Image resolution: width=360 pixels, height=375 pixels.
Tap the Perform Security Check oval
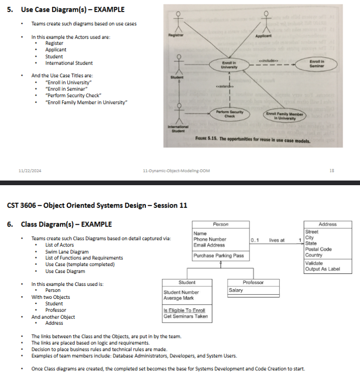pyautogui.click(x=230, y=114)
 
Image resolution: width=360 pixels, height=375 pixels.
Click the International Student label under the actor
pyautogui.click(x=176, y=129)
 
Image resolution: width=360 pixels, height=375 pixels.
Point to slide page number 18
pyautogui.click(x=331, y=170)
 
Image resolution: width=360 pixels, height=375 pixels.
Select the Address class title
pyautogui.click(x=327, y=224)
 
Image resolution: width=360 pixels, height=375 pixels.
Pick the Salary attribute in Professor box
pyautogui.click(x=236, y=290)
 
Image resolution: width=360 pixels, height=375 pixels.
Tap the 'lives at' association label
pyautogui.click(x=277, y=240)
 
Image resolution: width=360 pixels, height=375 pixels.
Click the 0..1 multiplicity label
pyautogui.click(x=254, y=240)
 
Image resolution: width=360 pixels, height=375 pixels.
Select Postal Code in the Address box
pyautogui.click(x=318, y=249)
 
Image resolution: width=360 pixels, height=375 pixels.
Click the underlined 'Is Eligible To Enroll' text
pyautogui.click(x=184, y=310)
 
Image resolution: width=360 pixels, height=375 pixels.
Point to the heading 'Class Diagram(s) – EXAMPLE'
pyautogui.click(x=66, y=225)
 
